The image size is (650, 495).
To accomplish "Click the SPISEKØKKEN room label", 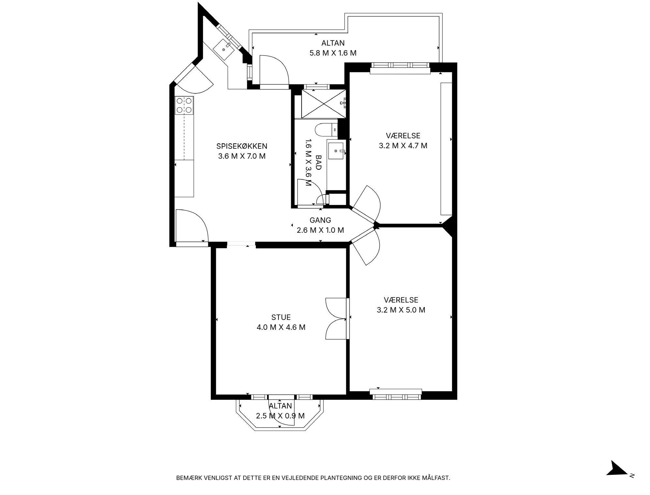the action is click(x=242, y=146).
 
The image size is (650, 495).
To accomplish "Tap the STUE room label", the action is click(x=281, y=317).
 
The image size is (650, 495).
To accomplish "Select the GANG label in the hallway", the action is click(x=320, y=220).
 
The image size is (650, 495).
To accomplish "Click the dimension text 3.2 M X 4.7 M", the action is click(x=403, y=146).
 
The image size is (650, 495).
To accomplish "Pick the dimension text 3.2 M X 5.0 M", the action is click(x=401, y=310).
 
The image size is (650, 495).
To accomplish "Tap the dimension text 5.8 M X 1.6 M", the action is click(x=333, y=53).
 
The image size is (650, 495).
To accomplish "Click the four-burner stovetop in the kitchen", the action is click(x=184, y=105).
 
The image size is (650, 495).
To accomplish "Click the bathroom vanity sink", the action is click(x=336, y=151).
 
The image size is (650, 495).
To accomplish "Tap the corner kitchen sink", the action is click(x=224, y=49).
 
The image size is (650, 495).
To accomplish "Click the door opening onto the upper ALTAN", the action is click(x=274, y=70).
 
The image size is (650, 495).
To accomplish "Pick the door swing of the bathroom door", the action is click(x=310, y=193).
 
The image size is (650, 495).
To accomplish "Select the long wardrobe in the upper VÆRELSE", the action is click(x=446, y=149).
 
